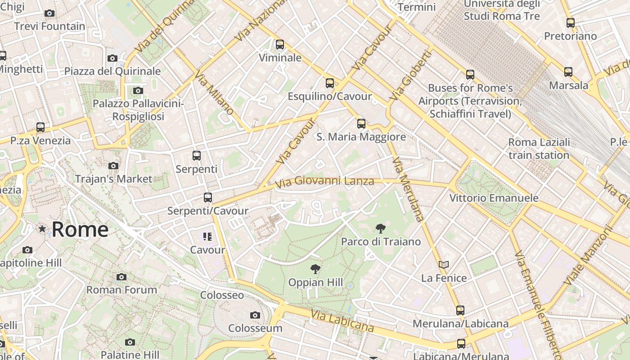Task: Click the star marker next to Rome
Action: click(x=42, y=229)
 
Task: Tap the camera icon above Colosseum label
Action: click(x=255, y=315)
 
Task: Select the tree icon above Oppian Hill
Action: click(x=315, y=269)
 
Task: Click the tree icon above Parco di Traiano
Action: click(x=380, y=229)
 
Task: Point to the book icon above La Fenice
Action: click(x=444, y=265)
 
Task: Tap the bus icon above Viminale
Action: click(x=280, y=45)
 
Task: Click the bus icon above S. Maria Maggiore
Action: click(x=361, y=124)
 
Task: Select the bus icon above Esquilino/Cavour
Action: click(x=330, y=83)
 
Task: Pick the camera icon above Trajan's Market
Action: click(x=113, y=166)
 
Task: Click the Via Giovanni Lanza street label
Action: click(x=324, y=181)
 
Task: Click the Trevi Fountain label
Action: click(x=49, y=26)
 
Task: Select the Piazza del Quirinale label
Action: click(x=112, y=71)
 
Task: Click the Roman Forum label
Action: click(x=121, y=290)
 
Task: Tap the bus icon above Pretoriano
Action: click(x=571, y=23)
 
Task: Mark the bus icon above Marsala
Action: click(x=568, y=72)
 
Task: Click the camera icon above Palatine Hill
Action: click(x=130, y=342)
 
